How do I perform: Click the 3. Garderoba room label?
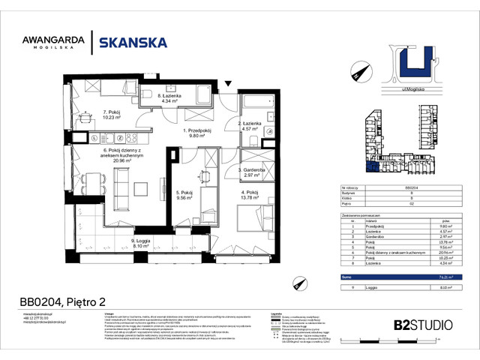point(250,172)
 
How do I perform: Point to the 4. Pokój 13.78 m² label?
point(250,196)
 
